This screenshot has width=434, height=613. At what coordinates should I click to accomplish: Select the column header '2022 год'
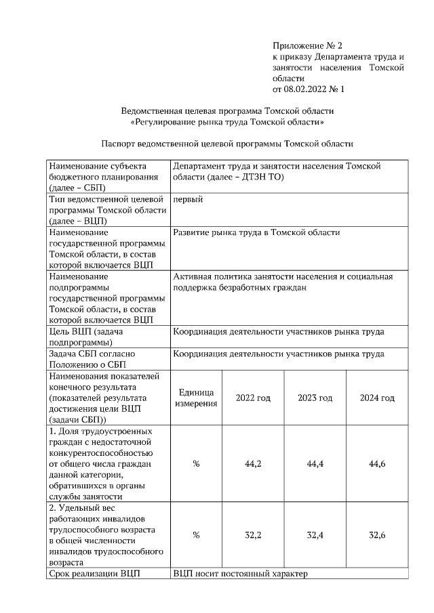(x=253, y=398)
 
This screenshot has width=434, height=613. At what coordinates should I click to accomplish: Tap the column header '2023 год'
(x=315, y=398)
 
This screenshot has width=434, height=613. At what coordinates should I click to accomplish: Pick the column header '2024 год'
(x=377, y=398)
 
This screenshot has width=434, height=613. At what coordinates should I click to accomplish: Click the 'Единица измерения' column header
(x=196, y=398)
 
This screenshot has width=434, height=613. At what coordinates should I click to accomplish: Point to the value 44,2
(x=253, y=464)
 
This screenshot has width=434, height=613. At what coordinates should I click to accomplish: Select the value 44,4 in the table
(x=315, y=464)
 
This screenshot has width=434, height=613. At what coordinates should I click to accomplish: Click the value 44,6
(x=377, y=464)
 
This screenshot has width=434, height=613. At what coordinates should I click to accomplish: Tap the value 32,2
(x=253, y=535)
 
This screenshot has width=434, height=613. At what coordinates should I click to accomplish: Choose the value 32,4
(x=315, y=535)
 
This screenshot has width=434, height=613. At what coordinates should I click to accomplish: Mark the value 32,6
(x=377, y=535)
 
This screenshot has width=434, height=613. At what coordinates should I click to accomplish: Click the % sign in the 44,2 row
(x=196, y=464)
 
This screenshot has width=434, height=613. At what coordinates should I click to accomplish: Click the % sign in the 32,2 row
(x=196, y=535)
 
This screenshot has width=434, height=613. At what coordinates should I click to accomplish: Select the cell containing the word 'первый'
(x=188, y=199)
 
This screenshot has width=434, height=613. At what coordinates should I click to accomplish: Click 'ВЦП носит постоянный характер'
(x=240, y=574)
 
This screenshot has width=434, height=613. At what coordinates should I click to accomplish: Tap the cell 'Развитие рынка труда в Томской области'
(x=256, y=232)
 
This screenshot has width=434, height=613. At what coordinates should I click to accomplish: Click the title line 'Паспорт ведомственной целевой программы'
(x=227, y=144)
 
